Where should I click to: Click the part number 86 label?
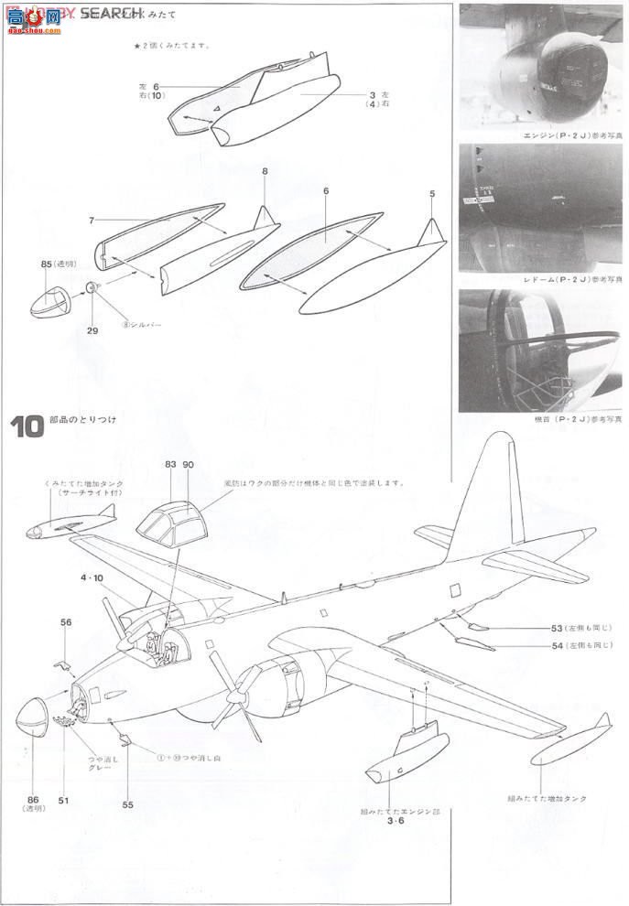pos(33,799)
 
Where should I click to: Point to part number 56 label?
pos(66,621)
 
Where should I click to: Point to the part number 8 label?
pos(264,171)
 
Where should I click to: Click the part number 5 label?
pos(431,194)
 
